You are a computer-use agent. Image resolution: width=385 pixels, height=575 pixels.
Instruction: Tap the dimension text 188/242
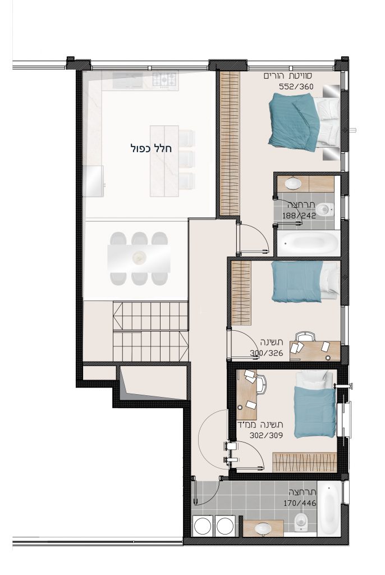tap(299, 215)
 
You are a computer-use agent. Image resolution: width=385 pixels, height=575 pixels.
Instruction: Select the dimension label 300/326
tap(267, 353)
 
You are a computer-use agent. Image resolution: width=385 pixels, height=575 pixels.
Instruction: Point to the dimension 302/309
tap(266, 435)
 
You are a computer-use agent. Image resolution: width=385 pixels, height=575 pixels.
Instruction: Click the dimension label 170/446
tap(300, 503)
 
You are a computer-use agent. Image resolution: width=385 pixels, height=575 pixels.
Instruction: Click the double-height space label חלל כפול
tap(151, 148)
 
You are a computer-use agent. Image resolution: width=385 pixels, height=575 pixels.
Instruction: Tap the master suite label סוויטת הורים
tap(288, 76)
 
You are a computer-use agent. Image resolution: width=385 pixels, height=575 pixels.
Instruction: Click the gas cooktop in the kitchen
tap(164, 80)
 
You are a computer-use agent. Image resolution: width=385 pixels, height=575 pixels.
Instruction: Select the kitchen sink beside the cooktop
tap(127, 80)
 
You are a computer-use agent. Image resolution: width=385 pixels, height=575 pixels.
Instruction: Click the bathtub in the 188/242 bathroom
tap(307, 243)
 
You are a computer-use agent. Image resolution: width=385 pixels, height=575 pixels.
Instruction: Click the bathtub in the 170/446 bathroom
tap(328, 509)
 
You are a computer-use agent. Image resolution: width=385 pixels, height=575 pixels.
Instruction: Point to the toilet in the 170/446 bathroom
tap(301, 522)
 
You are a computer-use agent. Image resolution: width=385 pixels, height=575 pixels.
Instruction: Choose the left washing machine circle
tap(202, 526)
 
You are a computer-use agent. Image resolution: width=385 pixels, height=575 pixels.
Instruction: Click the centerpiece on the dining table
tap(139, 257)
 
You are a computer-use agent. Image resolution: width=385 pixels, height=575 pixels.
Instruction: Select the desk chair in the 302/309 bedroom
tap(261, 385)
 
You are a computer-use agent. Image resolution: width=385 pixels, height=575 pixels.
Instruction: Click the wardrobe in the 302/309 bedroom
tap(305, 462)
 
